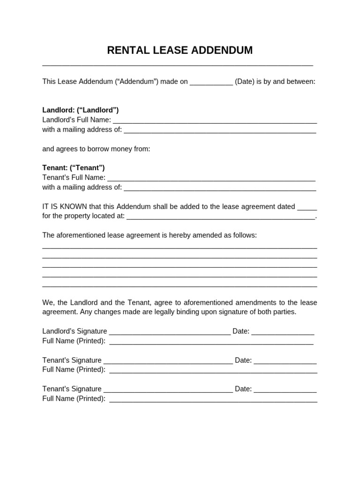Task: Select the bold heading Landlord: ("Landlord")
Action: (80, 110)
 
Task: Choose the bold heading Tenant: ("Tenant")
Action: (73, 168)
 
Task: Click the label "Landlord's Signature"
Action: (75, 331)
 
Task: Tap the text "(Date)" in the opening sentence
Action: (245, 82)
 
